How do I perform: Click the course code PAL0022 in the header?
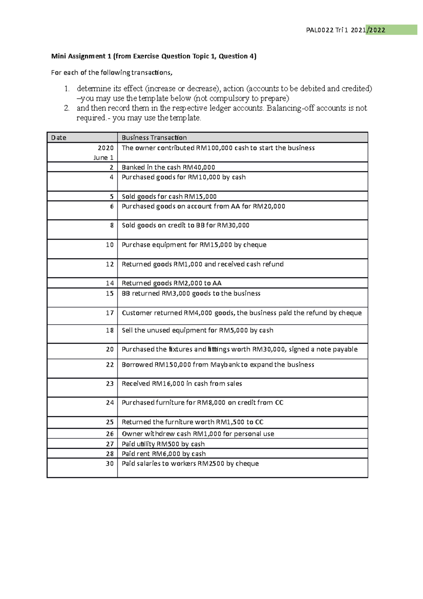tap(320, 30)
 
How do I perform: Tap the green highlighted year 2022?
tap(377, 30)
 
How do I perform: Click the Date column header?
tap(59, 138)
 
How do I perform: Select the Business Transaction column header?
tap(154, 138)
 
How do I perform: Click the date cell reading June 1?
tap(103, 158)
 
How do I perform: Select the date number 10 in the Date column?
tap(110, 245)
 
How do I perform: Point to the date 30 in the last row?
tap(110, 464)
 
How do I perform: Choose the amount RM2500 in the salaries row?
tap(211, 464)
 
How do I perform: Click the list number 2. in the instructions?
tap(67, 108)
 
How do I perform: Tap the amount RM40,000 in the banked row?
tap(198, 168)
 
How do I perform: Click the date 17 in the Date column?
tap(110, 313)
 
